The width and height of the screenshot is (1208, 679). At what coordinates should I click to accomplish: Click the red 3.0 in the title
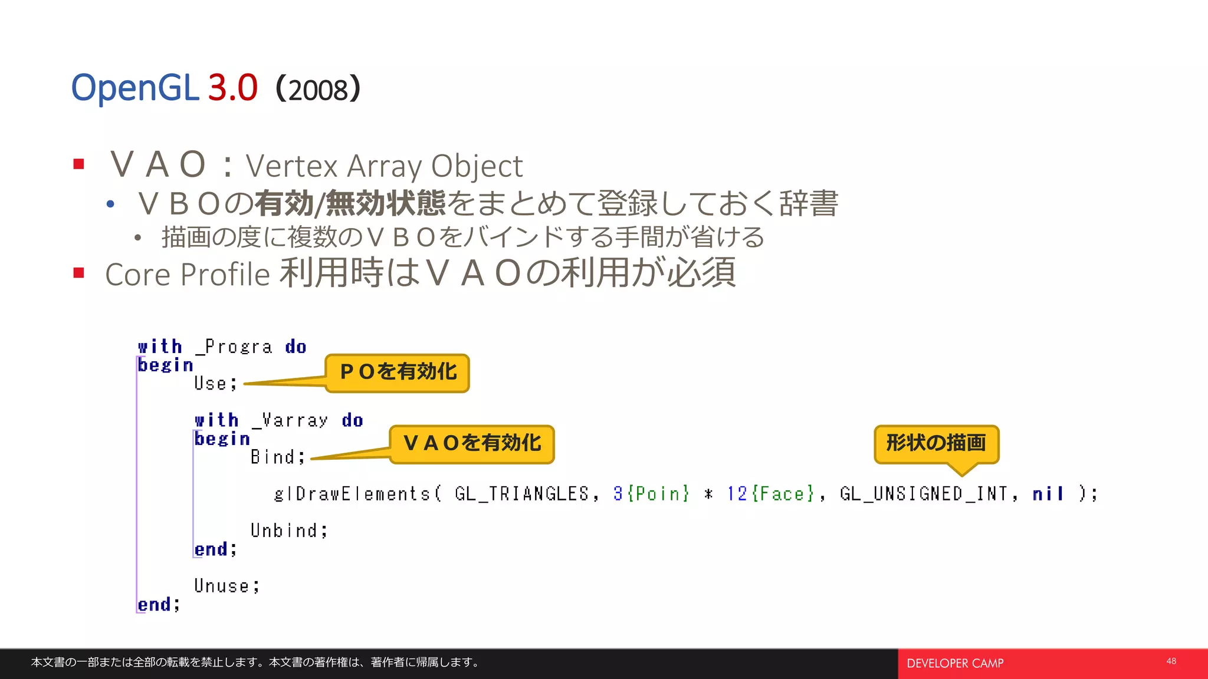[233, 88]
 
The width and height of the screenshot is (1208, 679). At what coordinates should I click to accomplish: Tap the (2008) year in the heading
[318, 90]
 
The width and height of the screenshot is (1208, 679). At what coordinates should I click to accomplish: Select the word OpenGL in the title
[134, 88]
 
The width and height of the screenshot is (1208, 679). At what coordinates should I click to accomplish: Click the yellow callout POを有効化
[398, 373]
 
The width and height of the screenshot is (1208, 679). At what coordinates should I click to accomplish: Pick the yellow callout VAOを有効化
[472, 444]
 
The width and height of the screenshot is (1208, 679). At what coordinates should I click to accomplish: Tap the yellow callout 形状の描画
[936, 443]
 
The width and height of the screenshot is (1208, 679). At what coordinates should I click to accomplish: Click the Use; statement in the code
[215, 384]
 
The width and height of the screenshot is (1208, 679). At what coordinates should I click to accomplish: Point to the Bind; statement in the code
[278, 457]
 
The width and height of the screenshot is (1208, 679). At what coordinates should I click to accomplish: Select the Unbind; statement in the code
[288, 530]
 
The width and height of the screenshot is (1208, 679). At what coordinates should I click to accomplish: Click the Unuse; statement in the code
[226, 586]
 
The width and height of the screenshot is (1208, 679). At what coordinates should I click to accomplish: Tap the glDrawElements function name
[353, 494]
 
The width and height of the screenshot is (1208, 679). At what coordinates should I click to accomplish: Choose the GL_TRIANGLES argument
[522, 494]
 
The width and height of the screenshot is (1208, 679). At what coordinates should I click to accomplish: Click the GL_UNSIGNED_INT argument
[924, 494]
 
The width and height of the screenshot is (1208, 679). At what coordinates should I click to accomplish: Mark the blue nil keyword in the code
[1048, 494]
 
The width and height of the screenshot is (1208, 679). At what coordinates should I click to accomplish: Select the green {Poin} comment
[658, 494]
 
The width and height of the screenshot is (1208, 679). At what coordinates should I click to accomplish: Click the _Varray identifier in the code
[290, 420]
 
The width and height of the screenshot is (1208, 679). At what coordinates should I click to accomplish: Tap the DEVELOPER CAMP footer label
[955, 664]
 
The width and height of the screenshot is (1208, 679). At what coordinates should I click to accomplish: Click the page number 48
[1171, 661]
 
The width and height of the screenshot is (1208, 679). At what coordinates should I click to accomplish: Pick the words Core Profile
[188, 275]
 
